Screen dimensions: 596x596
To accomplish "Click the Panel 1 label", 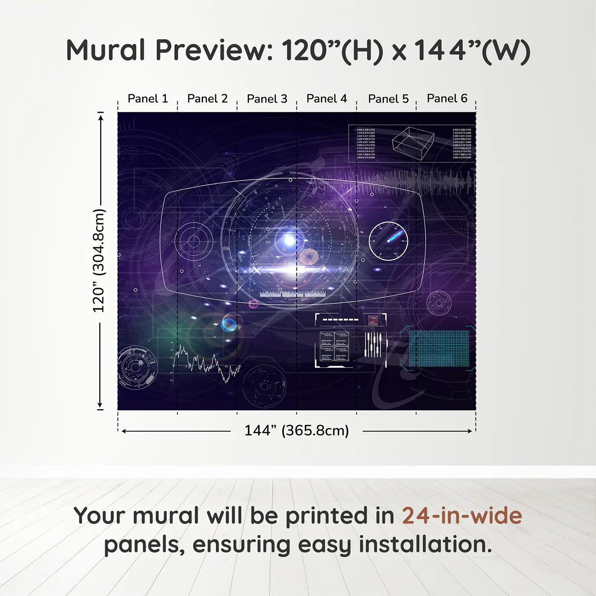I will [x=148, y=99].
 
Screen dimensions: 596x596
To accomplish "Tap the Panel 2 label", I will [x=207, y=99].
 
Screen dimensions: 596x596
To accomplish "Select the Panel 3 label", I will [x=267, y=99].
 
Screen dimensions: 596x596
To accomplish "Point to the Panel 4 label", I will [x=327, y=99].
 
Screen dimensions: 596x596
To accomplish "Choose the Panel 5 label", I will [x=388, y=99].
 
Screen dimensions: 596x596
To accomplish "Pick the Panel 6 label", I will [x=447, y=98].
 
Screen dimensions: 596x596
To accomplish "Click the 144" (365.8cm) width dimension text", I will [x=296, y=430].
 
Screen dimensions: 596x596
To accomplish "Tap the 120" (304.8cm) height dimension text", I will [x=99, y=261].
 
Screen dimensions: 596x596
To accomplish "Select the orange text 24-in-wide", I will [x=462, y=516].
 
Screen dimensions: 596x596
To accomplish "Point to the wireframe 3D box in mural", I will [x=413, y=140].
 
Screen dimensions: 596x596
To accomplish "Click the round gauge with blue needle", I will [x=388, y=241].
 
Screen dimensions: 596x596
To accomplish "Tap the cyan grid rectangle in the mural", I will [x=439, y=348].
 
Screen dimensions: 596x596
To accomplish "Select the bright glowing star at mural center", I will [x=289, y=241].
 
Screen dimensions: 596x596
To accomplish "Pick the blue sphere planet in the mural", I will [x=229, y=325].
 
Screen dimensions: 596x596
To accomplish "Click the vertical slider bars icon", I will [x=373, y=344].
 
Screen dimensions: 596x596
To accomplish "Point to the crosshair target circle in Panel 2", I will [x=194, y=241].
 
